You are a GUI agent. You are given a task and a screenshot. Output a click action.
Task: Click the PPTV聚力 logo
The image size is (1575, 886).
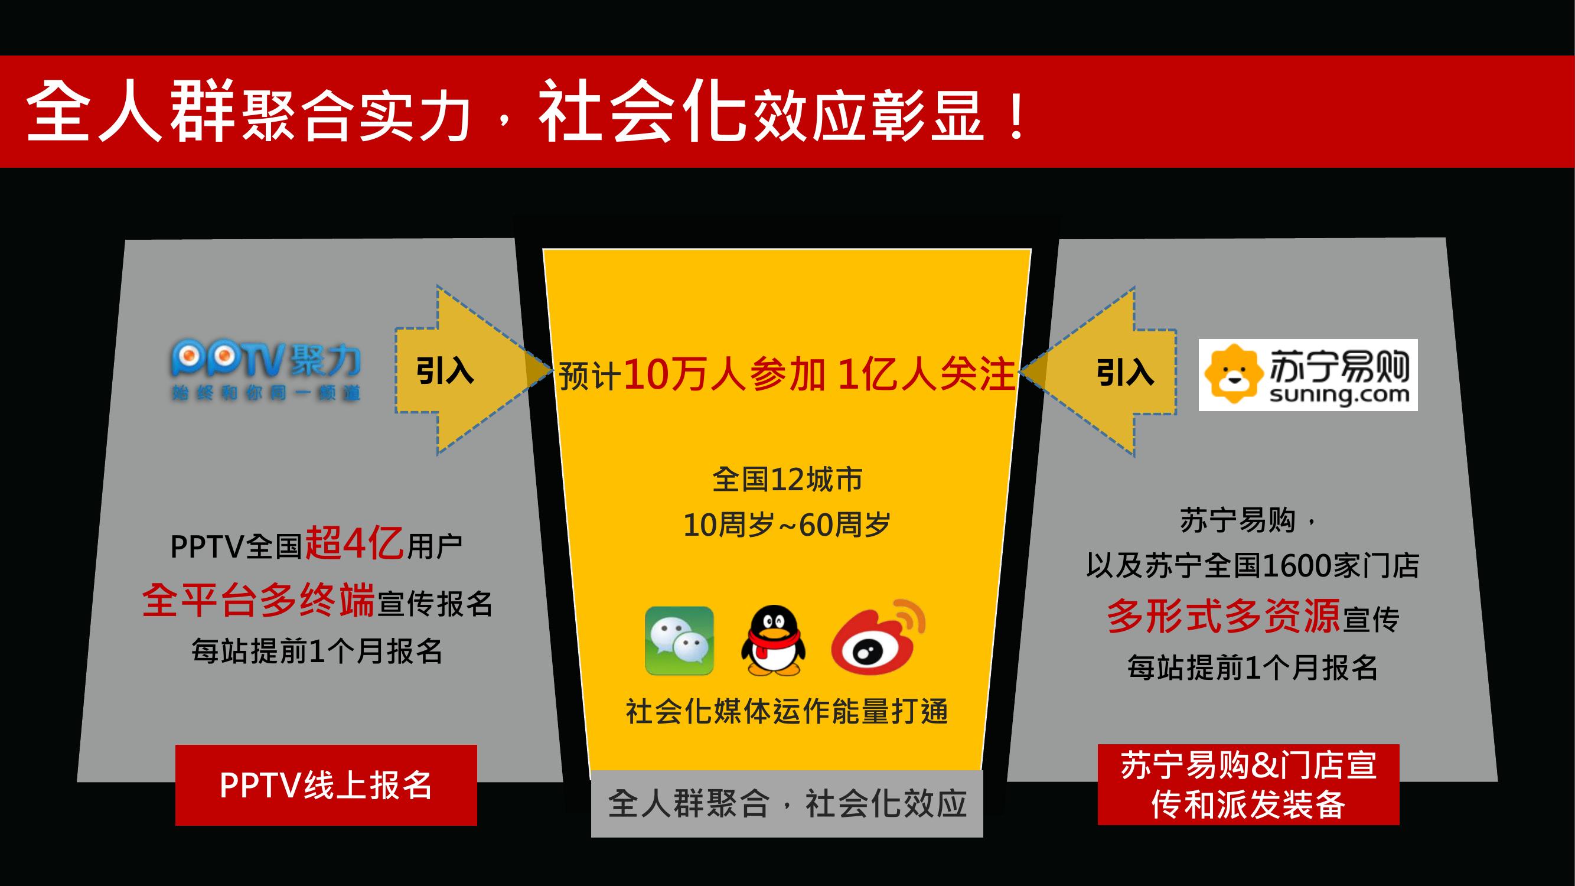(x=266, y=371)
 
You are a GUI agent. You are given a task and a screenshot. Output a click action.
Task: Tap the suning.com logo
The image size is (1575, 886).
(x=1308, y=375)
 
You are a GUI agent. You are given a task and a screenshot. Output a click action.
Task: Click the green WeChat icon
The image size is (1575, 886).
(x=679, y=641)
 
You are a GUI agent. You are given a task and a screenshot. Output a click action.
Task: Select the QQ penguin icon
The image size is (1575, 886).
(x=773, y=641)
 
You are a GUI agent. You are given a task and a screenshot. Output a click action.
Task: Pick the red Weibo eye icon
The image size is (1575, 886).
(x=878, y=639)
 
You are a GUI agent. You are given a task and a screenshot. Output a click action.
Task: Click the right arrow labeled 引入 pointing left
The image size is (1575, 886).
(x=1098, y=372)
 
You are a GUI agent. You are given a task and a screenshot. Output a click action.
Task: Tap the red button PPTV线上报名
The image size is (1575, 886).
(x=326, y=785)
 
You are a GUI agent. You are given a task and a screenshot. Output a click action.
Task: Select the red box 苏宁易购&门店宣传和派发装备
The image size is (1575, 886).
(x=1248, y=784)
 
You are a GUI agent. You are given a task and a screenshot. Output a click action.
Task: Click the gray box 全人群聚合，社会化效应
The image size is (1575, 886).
(x=787, y=803)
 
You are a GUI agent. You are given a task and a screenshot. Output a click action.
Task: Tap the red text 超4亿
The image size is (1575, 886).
(x=354, y=542)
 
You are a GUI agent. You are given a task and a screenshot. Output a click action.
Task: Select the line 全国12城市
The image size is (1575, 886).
(x=787, y=480)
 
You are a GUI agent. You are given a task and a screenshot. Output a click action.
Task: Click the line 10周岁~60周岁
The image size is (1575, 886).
(x=787, y=525)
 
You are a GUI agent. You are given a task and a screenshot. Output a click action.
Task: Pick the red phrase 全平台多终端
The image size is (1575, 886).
(x=258, y=601)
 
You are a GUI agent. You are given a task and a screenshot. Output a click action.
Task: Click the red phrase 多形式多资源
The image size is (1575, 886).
(x=1224, y=615)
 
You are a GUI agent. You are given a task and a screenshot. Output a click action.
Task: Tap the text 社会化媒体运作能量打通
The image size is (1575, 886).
(x=787, y=712)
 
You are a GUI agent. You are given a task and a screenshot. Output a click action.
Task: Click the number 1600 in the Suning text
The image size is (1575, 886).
(x=1297, y=566)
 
